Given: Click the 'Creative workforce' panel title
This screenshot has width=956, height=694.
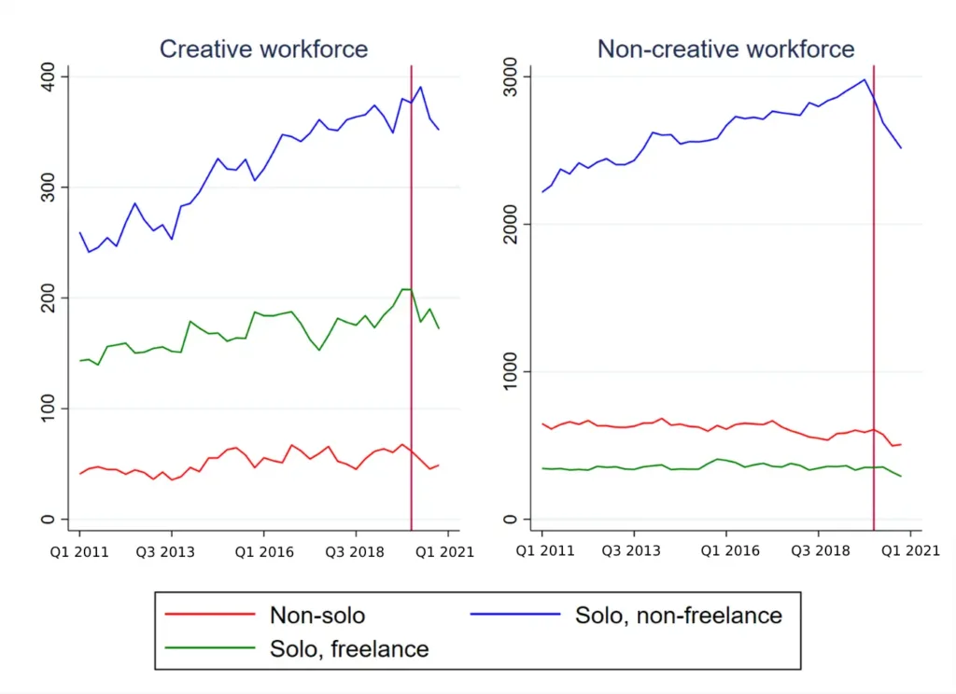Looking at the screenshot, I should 263,49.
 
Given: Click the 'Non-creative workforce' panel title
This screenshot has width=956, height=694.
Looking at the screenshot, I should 725,49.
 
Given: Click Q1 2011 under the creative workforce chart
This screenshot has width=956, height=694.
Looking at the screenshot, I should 79,551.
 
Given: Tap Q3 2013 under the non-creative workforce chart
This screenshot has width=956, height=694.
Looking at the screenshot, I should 634,551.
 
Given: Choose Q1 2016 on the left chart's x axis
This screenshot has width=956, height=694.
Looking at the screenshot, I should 264,551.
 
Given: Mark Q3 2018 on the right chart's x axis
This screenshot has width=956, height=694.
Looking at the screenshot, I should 819,551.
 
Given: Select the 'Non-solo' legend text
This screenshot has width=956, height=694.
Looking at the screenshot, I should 317,615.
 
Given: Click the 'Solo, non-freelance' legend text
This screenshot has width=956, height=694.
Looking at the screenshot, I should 679,615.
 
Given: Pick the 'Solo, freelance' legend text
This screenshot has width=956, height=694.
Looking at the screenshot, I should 349,647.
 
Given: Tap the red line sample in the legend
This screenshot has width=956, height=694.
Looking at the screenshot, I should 209,615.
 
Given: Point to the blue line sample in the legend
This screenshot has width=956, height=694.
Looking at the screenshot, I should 514,615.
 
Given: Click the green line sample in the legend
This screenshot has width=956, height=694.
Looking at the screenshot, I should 209,647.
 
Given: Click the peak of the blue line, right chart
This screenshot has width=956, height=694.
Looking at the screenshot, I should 865,79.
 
